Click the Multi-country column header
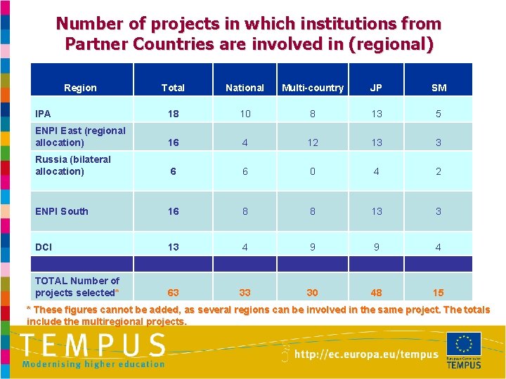[313, 88]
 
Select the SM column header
[439, 88]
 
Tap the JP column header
[376, 88]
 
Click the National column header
[245, 88]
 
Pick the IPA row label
[43, 113]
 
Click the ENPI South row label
[62, 211]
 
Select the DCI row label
[44, 247]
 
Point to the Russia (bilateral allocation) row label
[73, 165]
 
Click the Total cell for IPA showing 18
[173, 114]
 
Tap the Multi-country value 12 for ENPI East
[313, 142]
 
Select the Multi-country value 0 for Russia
[313, 171]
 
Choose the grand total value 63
[173, 293]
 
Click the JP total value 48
[376, 293]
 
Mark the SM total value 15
[439, 293]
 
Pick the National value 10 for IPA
[245, 114]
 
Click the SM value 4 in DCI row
[439, 247]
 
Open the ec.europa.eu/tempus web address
[365, 354]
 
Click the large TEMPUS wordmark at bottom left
[93, 346]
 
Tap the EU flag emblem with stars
[464, 344]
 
